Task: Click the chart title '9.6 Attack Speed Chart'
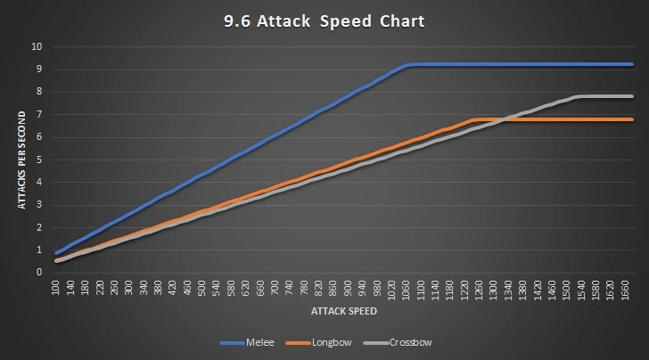[x=324, y=20]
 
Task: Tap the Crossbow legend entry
[x=411, y=342]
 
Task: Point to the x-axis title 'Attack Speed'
[x=343, y=313]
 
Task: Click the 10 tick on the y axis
[x=37, y=46]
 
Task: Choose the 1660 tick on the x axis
[x=625, y=290]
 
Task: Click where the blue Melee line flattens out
[x=407, y=65]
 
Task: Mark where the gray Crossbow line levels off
[x=581, y=96]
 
